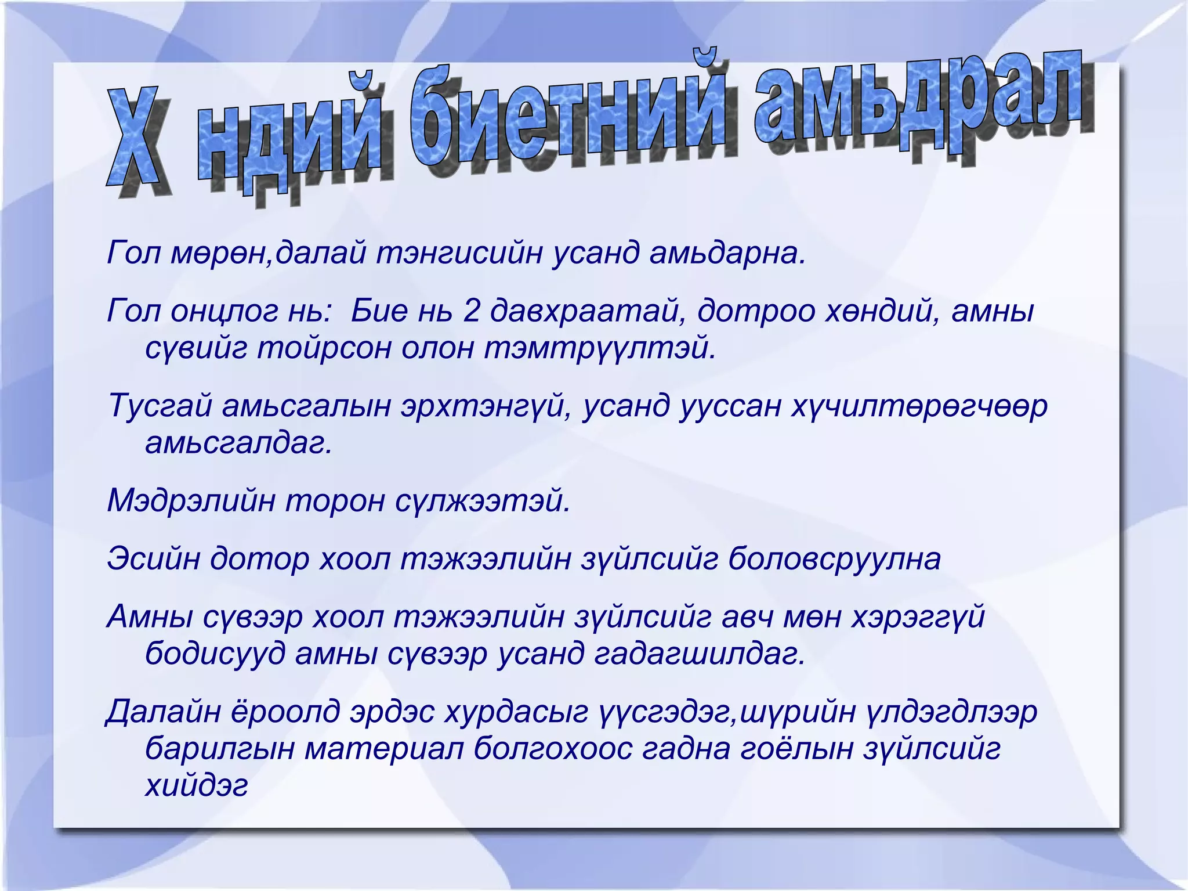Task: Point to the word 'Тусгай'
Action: [x=159, y=406]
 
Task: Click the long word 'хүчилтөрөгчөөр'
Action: [x=919, y=406]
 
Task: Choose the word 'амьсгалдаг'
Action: [x=238, y=443]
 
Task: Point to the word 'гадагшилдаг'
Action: [x=700, y=654]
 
